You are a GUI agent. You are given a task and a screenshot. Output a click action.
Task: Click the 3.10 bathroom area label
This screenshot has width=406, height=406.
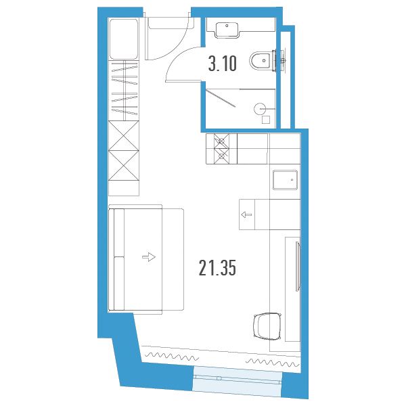pyautogui.click(x=223, y=64)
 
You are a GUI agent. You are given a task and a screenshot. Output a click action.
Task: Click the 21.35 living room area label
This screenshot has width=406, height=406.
pyautogui.click(x=217, y=268)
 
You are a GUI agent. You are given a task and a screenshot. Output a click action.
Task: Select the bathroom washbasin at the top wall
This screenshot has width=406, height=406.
pyautogui.click(x=227, y=30)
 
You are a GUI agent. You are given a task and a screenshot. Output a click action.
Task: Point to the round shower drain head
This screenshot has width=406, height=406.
pyautogui.click(x=260, y=109)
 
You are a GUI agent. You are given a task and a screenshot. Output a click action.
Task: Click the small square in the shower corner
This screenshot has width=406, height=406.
pyautogui.click(x=266, y=120)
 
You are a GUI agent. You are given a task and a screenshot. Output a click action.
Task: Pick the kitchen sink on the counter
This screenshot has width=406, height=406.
pyautogui.click(x=285, y=180)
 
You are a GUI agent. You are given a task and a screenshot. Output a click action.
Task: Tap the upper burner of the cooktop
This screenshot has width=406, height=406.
pyautogui.click(x=221, y=141)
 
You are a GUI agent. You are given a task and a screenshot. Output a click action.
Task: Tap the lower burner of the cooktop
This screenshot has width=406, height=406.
pyautogui.click(x=221, y=156)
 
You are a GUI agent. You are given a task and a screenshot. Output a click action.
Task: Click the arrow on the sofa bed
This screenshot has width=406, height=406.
pyautogui.click(x=149, y=257)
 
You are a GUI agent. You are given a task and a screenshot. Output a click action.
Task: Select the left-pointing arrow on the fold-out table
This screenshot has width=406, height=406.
pyautogui.click(x=246, y=215)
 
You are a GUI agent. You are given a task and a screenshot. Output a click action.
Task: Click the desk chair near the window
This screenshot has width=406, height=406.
pyautogui.click(x=267, y=326)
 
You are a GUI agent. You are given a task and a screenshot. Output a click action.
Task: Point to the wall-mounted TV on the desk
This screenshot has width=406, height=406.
pyautogui.click(x=298, y=267)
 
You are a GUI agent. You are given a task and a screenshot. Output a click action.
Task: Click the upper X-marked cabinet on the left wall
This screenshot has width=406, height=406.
pyautogui.click(x=124, y=136)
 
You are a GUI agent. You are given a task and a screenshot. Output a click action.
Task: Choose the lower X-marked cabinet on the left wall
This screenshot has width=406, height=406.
pyautogui.click(x=124, y=166)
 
